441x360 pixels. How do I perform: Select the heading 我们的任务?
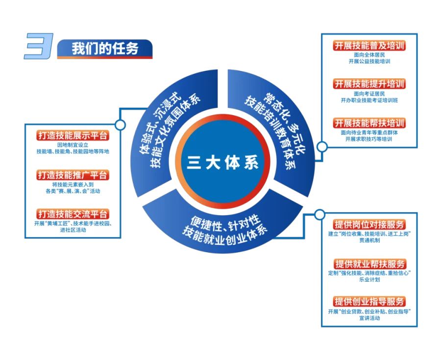pos(105,49)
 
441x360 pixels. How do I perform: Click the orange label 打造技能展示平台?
pos(73,136)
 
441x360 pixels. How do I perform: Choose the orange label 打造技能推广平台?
pos(73,175)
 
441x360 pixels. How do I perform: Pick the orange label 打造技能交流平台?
pos(73,214)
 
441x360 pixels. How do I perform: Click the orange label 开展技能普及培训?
pos(369,46)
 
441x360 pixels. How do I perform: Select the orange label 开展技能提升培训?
pos(369,84)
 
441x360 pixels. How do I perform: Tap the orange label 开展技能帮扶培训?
pos(369,122)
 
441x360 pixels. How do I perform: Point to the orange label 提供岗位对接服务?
pos(369,224)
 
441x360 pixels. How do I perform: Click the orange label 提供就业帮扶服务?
pos(369,264)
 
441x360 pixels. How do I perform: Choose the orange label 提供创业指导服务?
pos(369,302)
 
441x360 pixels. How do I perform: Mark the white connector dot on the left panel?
pos(120,125)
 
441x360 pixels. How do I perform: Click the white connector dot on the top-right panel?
pos(322,146)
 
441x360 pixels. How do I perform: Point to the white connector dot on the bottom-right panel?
pos(319,214)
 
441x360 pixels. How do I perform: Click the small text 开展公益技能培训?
pos(369,62)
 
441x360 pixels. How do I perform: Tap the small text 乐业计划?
pos(369,280)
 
